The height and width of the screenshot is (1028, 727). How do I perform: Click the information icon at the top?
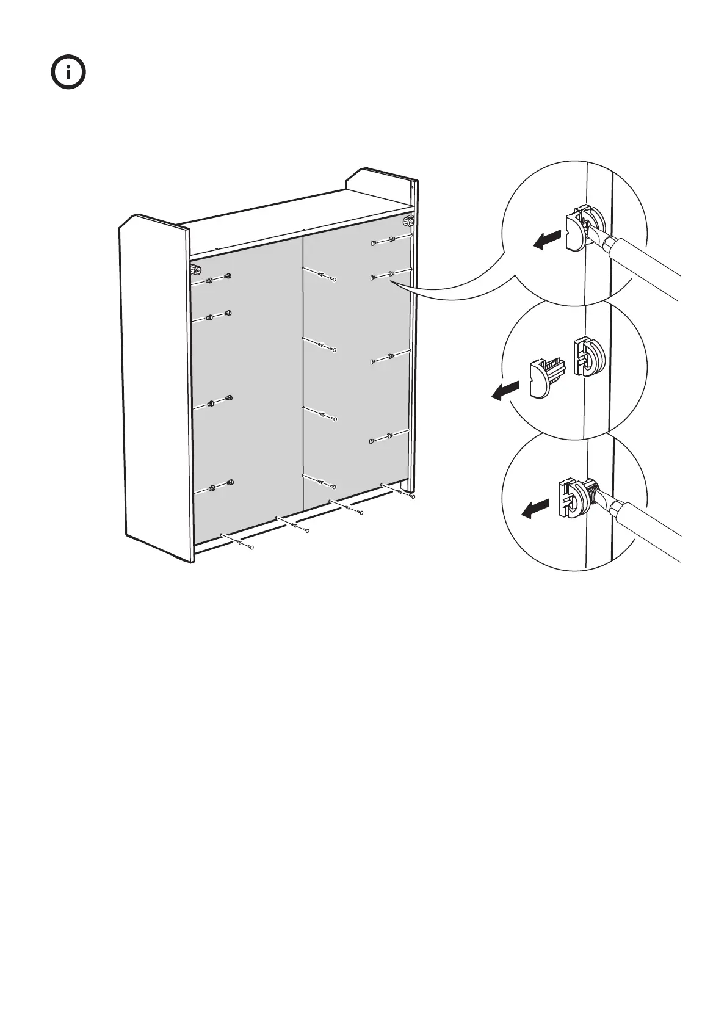[x=68, y=74]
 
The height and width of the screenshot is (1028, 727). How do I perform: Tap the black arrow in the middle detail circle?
[x=505, y=391]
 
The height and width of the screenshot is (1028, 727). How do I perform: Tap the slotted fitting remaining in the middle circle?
[x=587, y=357]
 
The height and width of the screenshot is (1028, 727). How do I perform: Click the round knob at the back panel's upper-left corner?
[x=197, y=270]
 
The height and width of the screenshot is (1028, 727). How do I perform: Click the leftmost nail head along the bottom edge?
[x=251, y=547]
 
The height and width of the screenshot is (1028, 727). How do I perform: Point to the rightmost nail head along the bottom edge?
[x=413, y=497]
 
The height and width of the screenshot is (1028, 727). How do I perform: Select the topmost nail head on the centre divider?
[x=335, y=280]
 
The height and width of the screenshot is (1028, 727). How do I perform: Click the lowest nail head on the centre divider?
[x=335, y=487]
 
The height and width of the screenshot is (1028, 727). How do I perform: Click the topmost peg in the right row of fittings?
[x=372, y=244]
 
